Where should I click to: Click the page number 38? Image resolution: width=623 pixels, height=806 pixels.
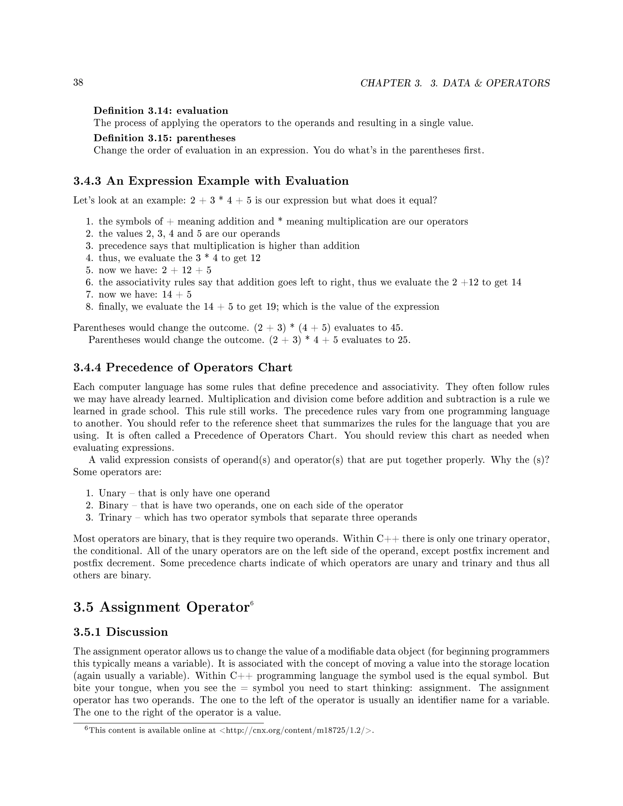pos(78,82)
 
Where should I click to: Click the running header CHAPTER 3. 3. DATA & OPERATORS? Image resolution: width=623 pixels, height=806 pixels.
pos(455,83)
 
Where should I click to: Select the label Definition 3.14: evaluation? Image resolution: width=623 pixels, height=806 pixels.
pos(161,111)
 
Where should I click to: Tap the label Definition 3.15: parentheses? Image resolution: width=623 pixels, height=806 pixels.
pos(164,138)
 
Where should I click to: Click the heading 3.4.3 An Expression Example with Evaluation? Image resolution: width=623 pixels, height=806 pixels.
pos(211,181)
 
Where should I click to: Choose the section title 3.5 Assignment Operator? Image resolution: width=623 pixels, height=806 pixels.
pos(161,607)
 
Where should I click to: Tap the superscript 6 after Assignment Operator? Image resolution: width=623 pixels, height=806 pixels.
pos(252,603)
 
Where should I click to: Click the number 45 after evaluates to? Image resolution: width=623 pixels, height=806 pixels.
pos(396,328)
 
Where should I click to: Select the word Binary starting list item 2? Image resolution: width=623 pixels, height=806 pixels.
pos(113,505)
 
